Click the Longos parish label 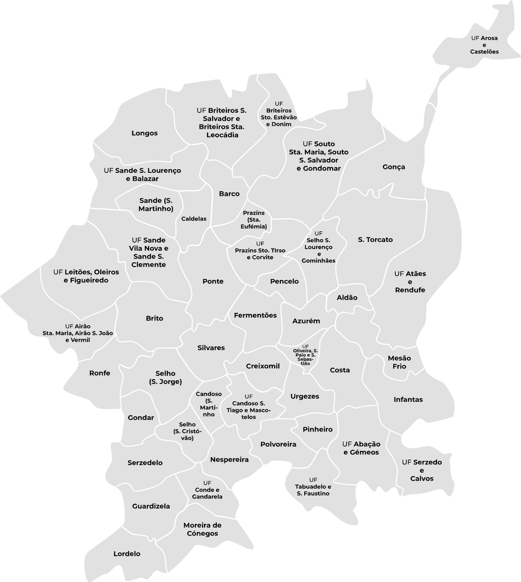[x=144, y=133]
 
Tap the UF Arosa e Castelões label [x=484, y=45]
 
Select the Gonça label [x=394, y=167]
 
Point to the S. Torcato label [x=375, y=240]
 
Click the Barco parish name [x=229, y=194]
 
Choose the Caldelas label [x=194, y=219]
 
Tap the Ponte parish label [x=213, y=281]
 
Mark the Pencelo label [x=284, y=281]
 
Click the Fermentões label [x=255, y=315]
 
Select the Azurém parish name [x=306, y=321]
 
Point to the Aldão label [x=347, y=298]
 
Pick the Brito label [x=155, y=318]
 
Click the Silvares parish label [x=211, y=348]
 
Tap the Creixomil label [x=263, y=366]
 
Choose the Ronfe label [x=100, y=373]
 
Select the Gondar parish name [x=141, y=418]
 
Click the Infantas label [x=408, y=399]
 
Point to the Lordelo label [x=127, y=554]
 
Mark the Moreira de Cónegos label [x=202, y=529]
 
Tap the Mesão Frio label [x=399, y=362]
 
